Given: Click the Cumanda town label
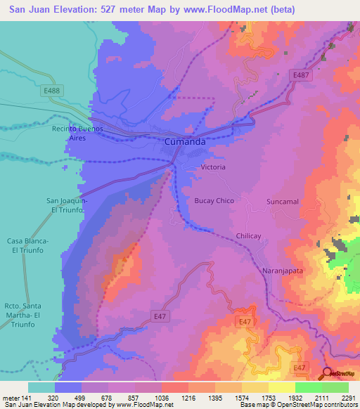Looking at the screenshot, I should [x=185, y=142].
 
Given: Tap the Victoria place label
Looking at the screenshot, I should [x=213, y=167].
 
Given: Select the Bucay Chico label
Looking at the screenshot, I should [x=214, y=201].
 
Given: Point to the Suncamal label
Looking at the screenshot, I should [x=283, y=202].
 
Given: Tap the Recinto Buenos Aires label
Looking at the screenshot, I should [x=77, y=134].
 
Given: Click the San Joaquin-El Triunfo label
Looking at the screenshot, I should [x=67, y=204].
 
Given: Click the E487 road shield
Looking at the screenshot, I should [x=301, y=74].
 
